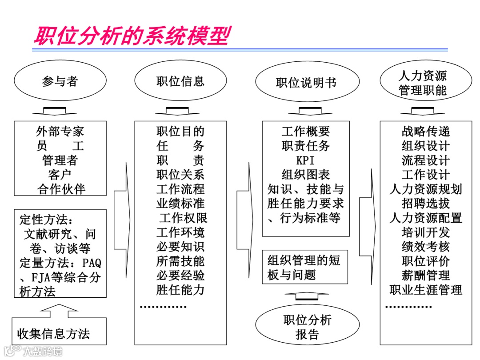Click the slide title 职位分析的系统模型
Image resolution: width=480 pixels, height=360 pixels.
point(132,36)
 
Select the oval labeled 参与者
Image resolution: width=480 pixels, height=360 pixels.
point(60,81)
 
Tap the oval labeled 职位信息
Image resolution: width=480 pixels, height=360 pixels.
point(180,81)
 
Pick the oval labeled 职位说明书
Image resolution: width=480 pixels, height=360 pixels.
point(306,83)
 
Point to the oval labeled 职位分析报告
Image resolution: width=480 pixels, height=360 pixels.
point(307,327)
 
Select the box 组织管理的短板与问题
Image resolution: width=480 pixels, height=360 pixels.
point(305,267)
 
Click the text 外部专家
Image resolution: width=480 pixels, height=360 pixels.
point(60,132)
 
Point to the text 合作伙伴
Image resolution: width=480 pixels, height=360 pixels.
point(60,189)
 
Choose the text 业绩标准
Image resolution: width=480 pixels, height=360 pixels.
point(180,204)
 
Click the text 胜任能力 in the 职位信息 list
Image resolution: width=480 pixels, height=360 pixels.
point(180,290)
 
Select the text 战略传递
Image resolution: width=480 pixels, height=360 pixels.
point(426,132)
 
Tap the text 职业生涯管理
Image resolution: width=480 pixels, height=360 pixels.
point(426,290)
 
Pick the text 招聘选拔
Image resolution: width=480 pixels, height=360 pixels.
point(426,204)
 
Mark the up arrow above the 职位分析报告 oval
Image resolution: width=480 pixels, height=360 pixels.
point(307,296)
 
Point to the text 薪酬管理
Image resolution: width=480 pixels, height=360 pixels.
point(426,276)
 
